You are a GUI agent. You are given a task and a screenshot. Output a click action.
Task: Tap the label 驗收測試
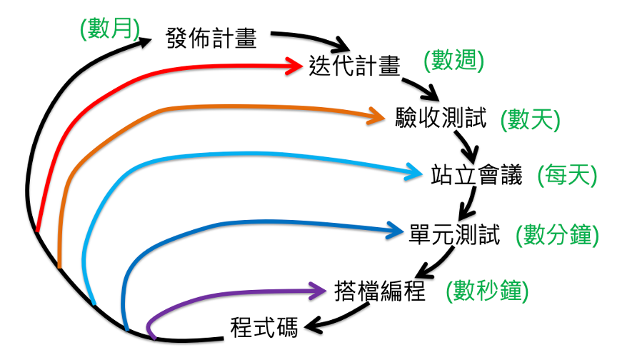(441, 118)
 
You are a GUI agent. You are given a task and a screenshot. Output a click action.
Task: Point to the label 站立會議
(478, 174)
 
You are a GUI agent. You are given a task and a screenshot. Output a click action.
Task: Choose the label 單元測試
(455, 234)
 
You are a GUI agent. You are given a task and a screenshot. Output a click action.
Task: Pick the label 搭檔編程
(380, 291)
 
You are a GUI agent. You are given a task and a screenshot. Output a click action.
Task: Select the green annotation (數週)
(453, 60)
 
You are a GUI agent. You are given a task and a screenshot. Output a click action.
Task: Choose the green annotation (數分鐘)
(560, 234)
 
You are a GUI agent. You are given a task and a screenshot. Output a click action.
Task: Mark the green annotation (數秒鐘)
(487, 291)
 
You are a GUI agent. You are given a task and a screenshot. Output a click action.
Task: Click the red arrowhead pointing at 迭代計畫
(294, 66)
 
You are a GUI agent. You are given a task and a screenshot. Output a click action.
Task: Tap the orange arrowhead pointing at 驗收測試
(376, 115)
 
